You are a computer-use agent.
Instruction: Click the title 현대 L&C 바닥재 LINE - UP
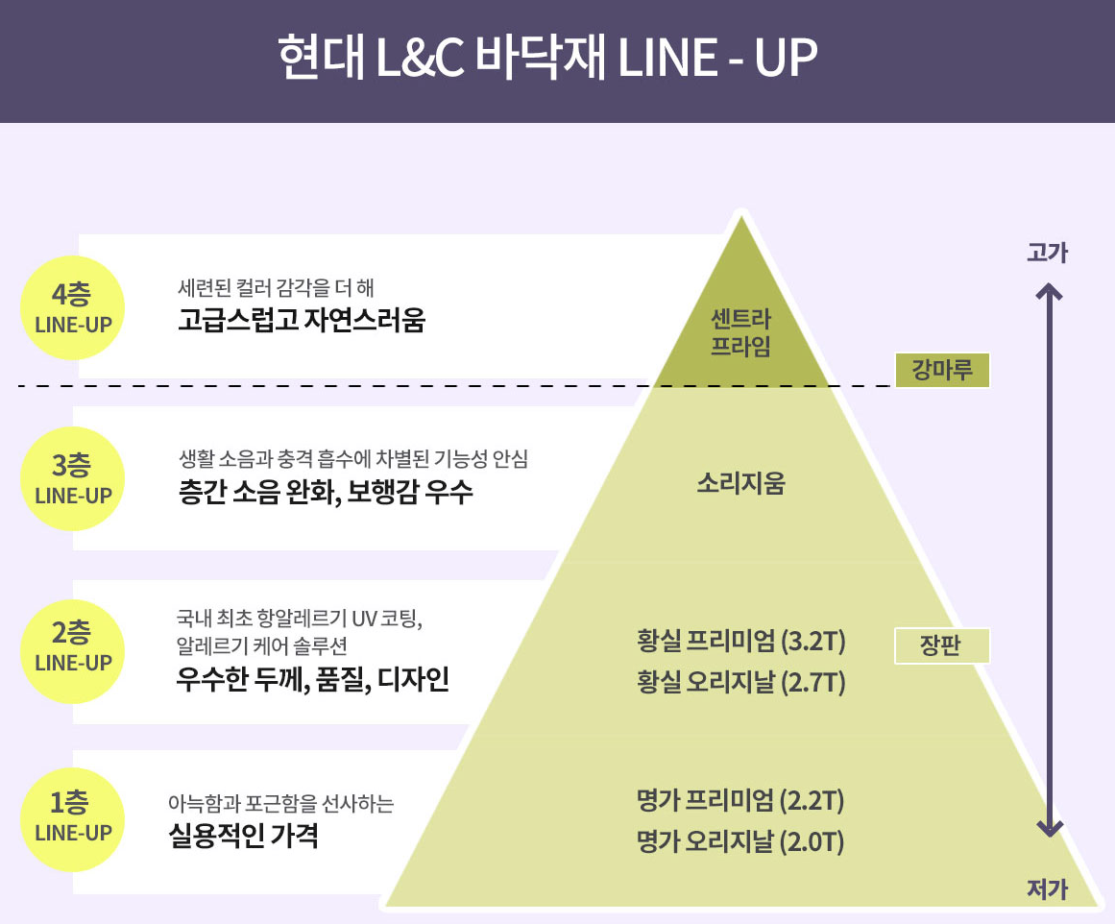point(547,60)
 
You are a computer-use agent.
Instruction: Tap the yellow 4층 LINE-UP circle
point(73,307)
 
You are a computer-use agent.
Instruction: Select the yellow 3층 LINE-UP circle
point(73,478)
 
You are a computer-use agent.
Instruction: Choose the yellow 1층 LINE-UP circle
point(73,815)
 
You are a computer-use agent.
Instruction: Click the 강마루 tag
point(940,370)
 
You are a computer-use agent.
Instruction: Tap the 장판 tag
point(940,646)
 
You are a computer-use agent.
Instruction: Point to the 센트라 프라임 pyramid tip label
point(740,332)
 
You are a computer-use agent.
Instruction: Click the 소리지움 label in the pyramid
point(740,483)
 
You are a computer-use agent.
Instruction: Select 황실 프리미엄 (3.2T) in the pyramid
point(740,640)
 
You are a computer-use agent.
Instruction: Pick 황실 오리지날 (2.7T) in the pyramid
point(740,683)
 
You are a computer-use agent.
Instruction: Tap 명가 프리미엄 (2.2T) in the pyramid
point(740,799)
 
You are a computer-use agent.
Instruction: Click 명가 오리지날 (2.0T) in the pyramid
point(740,842)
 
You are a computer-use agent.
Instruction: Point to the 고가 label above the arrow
point(1047,254)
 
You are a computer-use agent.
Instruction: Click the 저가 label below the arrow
point(1047,889)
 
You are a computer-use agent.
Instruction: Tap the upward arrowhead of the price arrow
point(1052,290)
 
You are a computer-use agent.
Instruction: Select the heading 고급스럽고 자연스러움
point(301,320)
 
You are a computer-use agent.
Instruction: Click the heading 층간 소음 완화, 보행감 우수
point(326,494)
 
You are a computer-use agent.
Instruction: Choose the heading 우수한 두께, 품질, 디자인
point(312,680)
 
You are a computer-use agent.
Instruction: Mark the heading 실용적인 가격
point(243,836)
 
